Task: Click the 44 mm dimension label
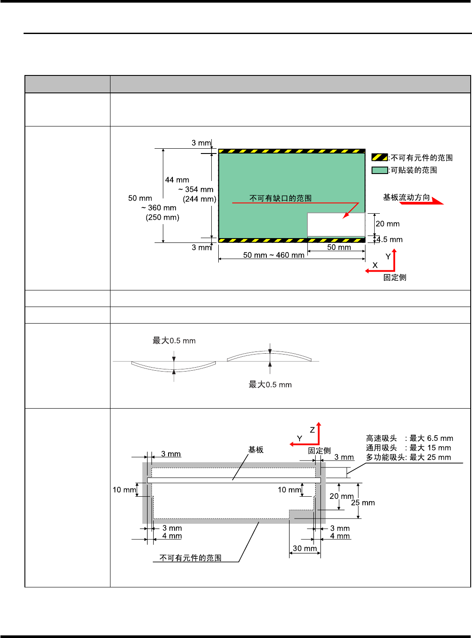[177, 180]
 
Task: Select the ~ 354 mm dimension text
[196, 189]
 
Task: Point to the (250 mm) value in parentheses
[162, 217]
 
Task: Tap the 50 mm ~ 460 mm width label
[274, 255]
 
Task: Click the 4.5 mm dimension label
[389, 239]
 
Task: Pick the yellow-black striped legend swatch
[379, 157]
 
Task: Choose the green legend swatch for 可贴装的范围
[379, 170]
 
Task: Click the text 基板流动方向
[407, 197]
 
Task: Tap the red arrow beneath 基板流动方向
[422, 202]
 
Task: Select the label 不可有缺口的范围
[280, 198]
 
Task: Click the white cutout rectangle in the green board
[336, 225]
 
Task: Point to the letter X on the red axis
[375, 265]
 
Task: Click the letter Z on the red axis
[312, 430]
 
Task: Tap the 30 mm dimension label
[305, 548]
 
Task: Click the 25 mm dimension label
[363, 503]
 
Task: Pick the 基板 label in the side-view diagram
[256, 450]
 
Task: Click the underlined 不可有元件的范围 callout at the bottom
[190, 558]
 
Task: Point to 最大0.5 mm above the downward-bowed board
[174, 341]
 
